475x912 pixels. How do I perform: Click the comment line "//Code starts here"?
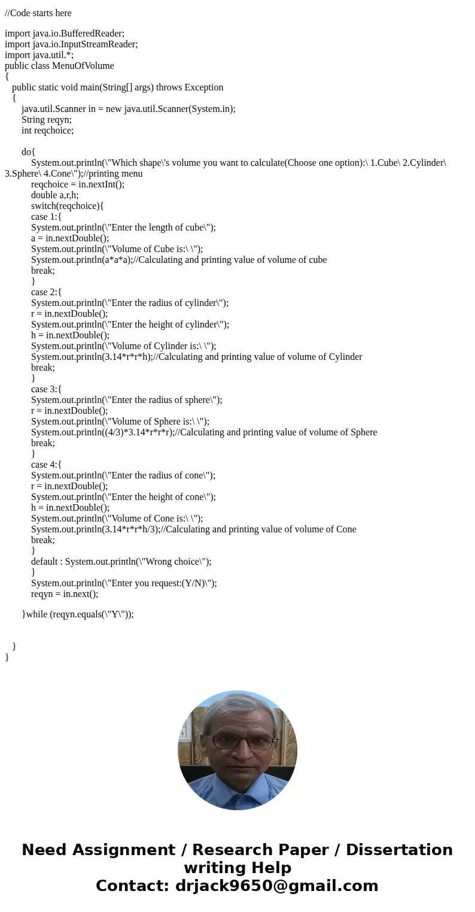(x=38, y=13)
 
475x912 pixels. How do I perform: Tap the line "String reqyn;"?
(x=47, y=120)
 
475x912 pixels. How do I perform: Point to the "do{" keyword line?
(x=28, y=152)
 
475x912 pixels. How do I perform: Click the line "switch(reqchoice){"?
(x=68, y=206)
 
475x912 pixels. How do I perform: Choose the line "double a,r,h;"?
(x=55, y=195)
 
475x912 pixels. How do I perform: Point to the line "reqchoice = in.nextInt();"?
(x=78, y=184)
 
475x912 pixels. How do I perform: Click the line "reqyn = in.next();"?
(x=65, y=594)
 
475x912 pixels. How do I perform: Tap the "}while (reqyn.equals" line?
(x=78, y=614)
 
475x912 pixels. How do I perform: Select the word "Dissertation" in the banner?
(x=399, y=850)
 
